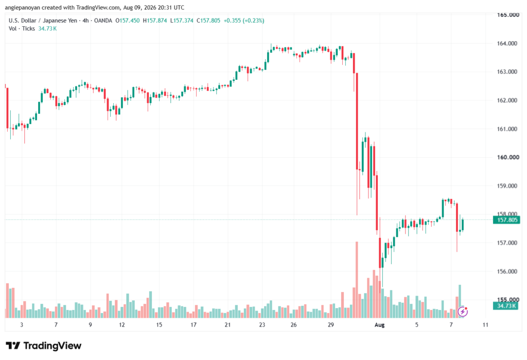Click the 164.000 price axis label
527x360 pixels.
pyautogui.click(x=507, y=43)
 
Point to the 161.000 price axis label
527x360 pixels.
pyautogui.click(x=507, y=129)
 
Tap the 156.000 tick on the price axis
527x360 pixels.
pyautogui.click(x=507, y=271)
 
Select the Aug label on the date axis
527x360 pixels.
pyautogui.click(x=379, y=324)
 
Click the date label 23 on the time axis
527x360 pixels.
pyautogui.click(x=262, y=324)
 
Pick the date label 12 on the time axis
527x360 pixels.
pyautogui.click(x=121, y=324)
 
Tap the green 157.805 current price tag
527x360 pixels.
pyautogui.click(x=506, y=220)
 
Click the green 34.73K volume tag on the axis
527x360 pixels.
pyautogui.click(x=506, y=306)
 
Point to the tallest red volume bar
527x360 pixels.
pyautogui.click(x=357, y=280)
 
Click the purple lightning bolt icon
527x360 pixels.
pyautogui.click(x=463, y=312)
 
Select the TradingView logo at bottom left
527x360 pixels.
pyautogui.click(x=44, y=346)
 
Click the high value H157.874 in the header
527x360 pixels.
pyautogui.click(x=155, y=21)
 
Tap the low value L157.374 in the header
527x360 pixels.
pyautogui.click(x=182, y=21)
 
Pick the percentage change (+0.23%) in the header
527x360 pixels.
pyautogui.click(x=254, y=21)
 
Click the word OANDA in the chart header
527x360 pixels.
pyautogui.click(x=103, y=21)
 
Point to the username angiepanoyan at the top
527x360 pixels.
pyautogui.click(x=23, y=7)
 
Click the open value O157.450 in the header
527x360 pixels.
pyautogui.click(x=128, y=21)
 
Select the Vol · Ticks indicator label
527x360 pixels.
pyautogui.click(x=22, y=29)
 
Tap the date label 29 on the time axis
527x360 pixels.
pyautogui.click(x=331, y=324)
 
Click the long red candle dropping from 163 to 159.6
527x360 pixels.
pyautogui.click(x=357, y=121)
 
